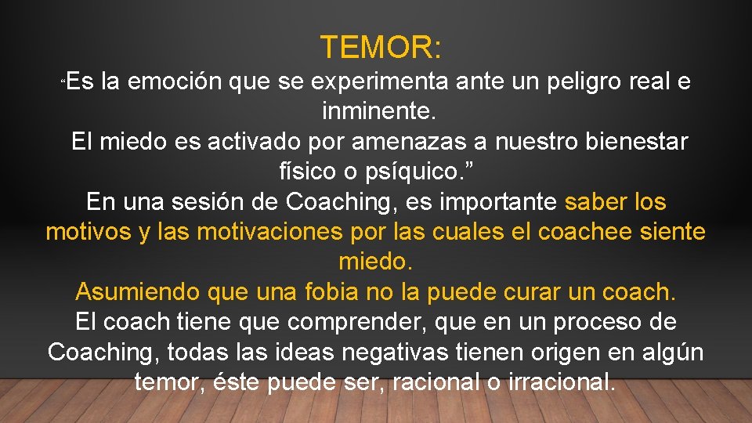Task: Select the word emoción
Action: click(x=175, y=82)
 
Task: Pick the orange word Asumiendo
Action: click(x=138, y=292)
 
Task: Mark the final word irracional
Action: click(x=555, y=383)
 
